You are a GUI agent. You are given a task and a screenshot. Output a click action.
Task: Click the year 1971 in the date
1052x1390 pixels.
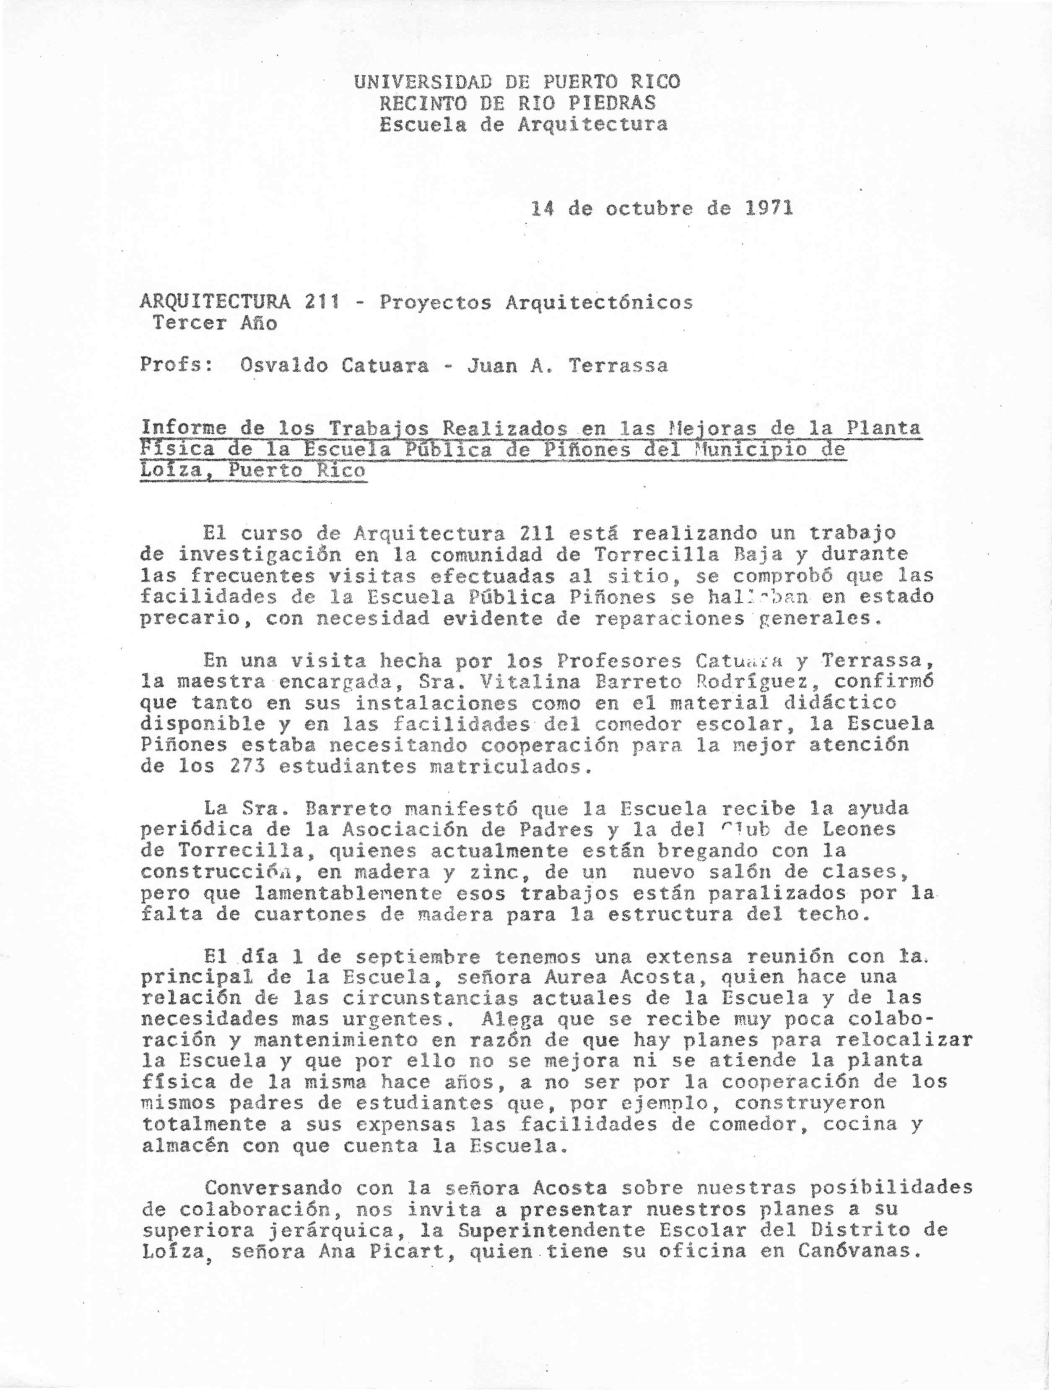pyautogui.click(x=769, y=207)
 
